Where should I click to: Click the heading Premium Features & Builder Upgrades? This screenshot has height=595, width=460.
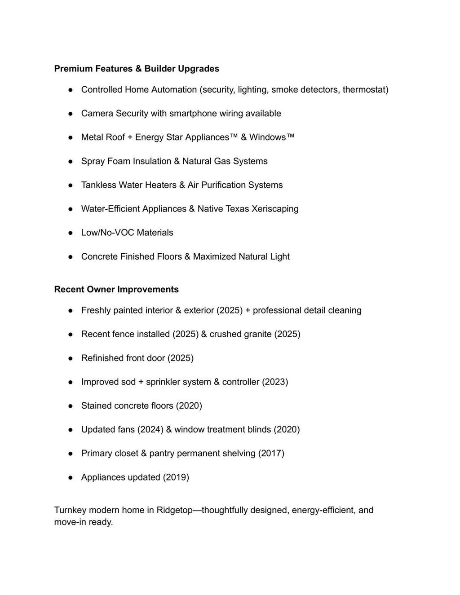point(137,69)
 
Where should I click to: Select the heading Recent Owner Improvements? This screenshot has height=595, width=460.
point(116,289)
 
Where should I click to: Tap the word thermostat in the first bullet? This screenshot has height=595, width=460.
point(365,89)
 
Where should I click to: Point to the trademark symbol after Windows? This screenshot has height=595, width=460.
point(291,136)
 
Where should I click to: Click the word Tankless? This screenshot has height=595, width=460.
point(98,185)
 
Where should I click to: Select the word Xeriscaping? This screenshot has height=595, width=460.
point(275,209)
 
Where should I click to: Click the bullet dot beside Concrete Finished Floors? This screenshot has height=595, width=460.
point(71,257)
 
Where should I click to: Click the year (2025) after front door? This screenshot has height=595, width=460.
point(181,358)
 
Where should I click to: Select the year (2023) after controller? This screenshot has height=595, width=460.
point(275,382)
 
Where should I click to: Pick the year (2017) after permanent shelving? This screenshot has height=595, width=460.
point(271,453)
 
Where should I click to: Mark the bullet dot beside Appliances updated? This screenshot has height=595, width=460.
point(71,477)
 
